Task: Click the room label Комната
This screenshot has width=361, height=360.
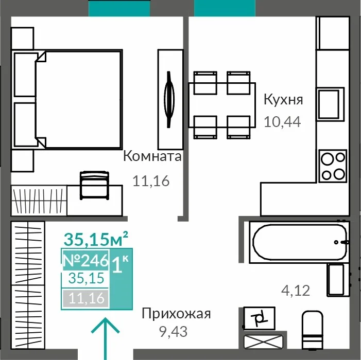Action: tap(152, 156)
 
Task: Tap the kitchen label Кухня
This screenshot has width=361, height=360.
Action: tap(283, 100)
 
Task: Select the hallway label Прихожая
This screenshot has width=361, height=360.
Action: tap(176, 314)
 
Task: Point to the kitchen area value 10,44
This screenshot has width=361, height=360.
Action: tap(282, 122)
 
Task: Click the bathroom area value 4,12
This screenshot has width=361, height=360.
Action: tap(296, 291)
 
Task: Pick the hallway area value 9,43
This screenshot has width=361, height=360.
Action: tap(174, 332)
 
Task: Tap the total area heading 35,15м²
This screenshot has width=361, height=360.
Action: tap(96, 239)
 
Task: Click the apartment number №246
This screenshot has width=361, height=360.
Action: tap(85, 260)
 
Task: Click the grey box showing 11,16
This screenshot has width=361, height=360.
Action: tap(85, 298)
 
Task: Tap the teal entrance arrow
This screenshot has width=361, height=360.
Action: tap(106, 338)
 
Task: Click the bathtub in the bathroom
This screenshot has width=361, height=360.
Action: tap(300, 242)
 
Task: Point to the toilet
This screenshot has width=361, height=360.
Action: tap(313, 330)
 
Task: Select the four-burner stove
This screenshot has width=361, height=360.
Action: tap(333, 166)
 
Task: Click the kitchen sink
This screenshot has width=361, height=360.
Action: tap(331, 104)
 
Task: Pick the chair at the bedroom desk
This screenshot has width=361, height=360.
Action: tap(94, 185)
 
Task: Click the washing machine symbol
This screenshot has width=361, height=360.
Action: tap(260, 319)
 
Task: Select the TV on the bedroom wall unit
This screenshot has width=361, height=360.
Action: tap(169, 99)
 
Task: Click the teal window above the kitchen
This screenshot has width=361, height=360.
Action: tap(225, 8)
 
